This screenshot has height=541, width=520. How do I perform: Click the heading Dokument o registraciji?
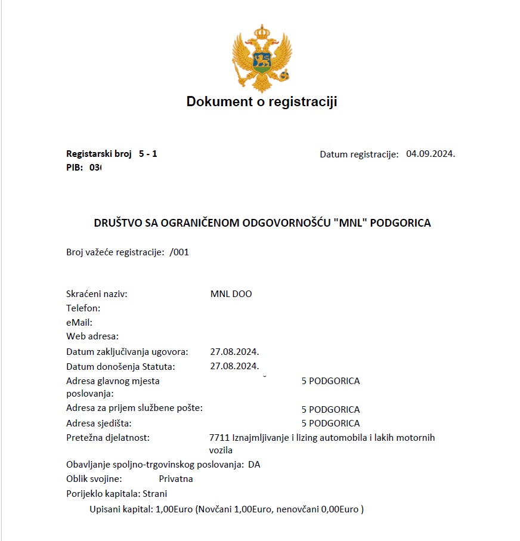(262, 101)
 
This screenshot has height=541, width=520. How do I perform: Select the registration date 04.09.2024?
(431, 154)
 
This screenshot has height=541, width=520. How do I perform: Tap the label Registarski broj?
(99, 154)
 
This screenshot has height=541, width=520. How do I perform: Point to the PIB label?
(75, 168)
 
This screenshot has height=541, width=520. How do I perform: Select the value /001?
(179, 252)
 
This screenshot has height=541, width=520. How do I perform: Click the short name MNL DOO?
(231, 294)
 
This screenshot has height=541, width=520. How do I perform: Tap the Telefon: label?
(83, 308)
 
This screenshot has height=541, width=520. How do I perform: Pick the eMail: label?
(79, 322)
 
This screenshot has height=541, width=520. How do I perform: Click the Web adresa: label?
(92, 336)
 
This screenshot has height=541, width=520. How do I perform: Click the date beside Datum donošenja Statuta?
(234, 366)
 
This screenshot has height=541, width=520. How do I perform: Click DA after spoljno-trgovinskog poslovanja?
(255, 464)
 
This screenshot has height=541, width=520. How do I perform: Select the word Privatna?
(176, 478)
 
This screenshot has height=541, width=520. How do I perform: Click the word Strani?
(155, 494)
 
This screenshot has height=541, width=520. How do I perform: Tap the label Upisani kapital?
(121, 510)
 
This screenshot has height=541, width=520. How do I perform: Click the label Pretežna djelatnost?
(108, 438)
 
